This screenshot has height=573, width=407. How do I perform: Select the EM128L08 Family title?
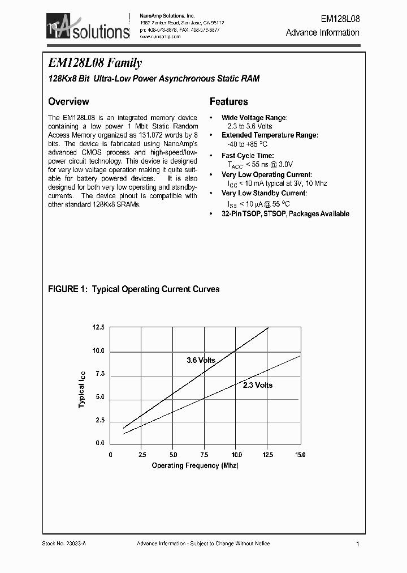click(95, 63)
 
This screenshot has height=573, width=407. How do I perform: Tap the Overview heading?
click(68, 102)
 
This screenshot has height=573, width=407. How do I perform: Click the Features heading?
click(228, 102)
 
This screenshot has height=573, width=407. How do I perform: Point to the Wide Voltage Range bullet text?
click(254, 118)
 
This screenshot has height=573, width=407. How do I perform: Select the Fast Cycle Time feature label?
click(248, 156)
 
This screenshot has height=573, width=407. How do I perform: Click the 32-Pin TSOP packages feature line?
click(285, 214)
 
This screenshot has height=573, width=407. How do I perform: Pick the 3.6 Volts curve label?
click(201, 360)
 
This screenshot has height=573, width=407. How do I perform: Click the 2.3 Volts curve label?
click(258, 385)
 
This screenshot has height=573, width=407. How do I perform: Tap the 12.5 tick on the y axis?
click(98, 328)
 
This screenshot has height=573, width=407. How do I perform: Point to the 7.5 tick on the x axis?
click(205, 455)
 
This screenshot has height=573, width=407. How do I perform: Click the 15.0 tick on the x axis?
click(300, 455)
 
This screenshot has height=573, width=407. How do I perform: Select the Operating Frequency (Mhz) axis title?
click(195, 465)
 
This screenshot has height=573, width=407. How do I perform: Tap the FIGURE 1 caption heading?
click(133, 289)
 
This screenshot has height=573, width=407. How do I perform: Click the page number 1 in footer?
click(358, 544)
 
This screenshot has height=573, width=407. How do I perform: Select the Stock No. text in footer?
click(64, 544)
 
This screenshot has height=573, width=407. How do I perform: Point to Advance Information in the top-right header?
click(322, 33)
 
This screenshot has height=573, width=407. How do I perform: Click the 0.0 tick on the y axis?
click(99, 443)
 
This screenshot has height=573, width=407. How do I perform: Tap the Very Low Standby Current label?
click(264, 194)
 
